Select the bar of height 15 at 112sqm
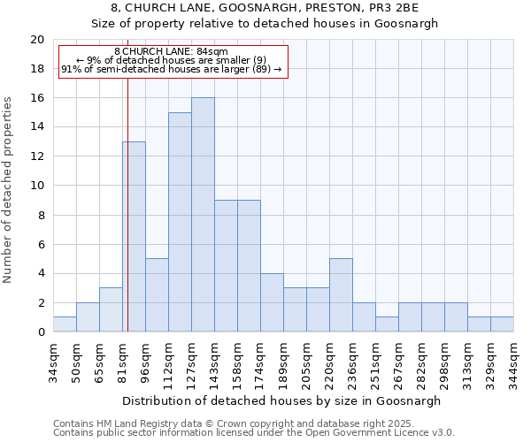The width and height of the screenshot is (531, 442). coord(180,222)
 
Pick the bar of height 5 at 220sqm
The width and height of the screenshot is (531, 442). coord(341,295)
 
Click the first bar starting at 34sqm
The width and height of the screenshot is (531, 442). coord(65,324)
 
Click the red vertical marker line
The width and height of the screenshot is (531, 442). coord(127,221)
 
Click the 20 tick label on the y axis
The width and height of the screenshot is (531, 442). coord(37,40)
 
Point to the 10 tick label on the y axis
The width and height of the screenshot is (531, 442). coord(37,186)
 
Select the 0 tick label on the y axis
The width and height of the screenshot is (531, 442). coord(41,332)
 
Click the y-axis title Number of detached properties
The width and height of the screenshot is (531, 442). coord(9,191)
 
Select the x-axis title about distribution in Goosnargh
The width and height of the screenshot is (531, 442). coord(283,400)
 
